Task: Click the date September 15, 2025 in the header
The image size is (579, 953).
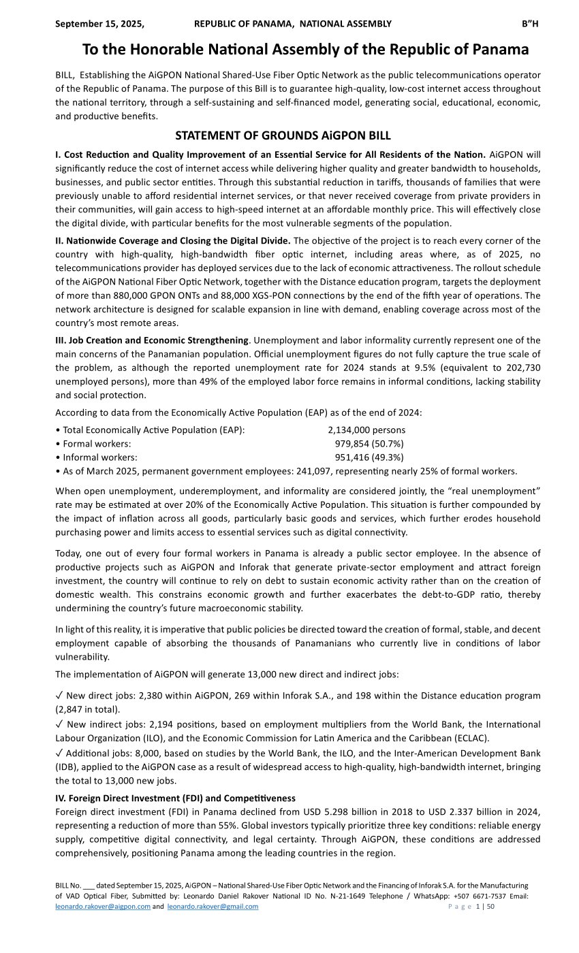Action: (99, 24)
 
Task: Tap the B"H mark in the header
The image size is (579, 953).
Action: (530, 24)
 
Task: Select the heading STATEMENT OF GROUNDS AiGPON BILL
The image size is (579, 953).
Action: (283, 135)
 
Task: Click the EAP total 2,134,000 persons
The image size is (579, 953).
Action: (366, 430)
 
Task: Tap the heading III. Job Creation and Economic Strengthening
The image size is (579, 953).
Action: (152, 340)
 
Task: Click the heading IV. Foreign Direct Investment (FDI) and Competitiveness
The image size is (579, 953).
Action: (175, 798)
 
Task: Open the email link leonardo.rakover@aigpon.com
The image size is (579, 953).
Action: (102, 907)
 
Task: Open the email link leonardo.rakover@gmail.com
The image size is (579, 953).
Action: (213, 907)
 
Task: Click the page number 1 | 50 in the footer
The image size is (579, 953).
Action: (484, 907)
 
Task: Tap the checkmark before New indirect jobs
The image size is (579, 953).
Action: (59, 724)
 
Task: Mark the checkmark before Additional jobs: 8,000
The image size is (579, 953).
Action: (59, 753)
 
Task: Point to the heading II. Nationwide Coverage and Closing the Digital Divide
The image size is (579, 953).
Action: (173, 240)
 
